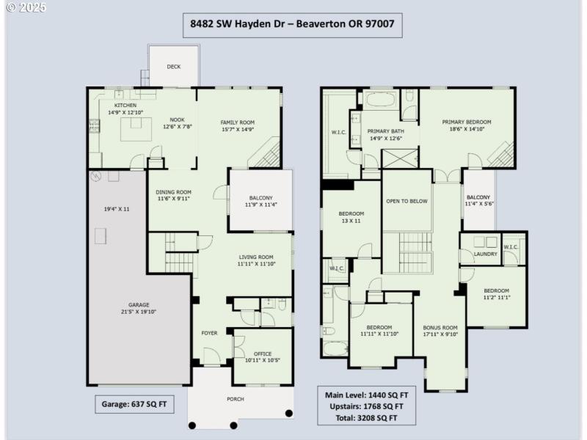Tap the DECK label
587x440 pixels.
(x=173, y=67)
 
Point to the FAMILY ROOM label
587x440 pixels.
(x=237, y=122)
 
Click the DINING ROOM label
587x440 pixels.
(x=173, y=193)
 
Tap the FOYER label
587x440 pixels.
(x=209, y=333)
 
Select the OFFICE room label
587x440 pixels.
(x=263, y=354)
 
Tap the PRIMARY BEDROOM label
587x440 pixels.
(x=466, y=122)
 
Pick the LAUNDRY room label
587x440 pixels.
(x=485, y=254)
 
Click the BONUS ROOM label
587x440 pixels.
(x=440, y=328)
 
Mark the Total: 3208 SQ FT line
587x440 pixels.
(x=361, y=417)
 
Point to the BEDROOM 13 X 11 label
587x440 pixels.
(x=350, y=214)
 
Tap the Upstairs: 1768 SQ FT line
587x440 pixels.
(x=364, y=406)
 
